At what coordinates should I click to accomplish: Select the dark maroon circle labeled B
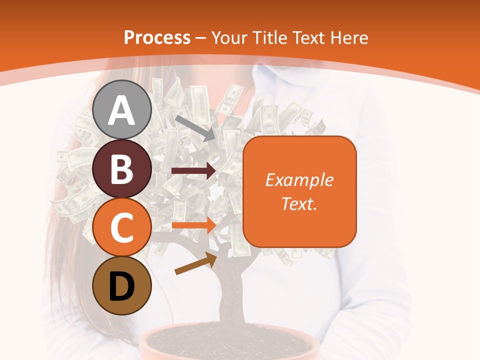click(x=122, y=168)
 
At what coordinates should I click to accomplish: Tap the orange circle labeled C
click(x=122, y=227)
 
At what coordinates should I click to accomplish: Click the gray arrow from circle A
click(x=194, y=128)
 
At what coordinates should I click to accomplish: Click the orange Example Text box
click(x=299, y=220)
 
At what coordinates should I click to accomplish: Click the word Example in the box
click(x=299, y=180)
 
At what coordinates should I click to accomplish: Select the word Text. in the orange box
click(x=299, y=203)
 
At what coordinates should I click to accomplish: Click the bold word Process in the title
click(x=157, y=37)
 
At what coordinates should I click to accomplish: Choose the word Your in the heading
click(x=228, y=37)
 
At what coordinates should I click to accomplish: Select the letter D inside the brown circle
click(x=122, y=287)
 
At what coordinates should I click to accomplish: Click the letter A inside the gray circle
click(x=122, y=111)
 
